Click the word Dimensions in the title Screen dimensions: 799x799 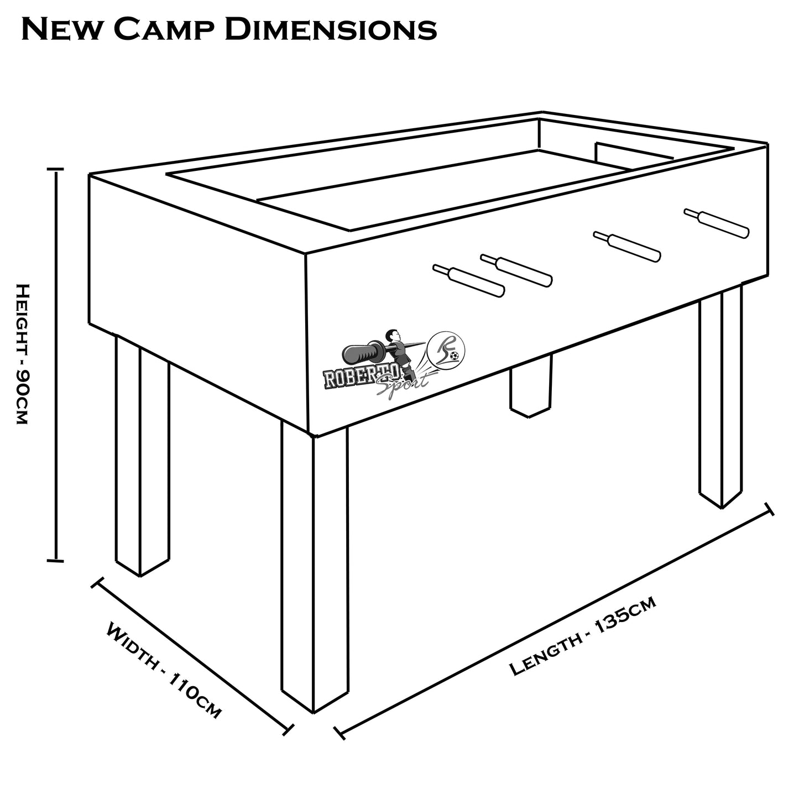pos(330,29)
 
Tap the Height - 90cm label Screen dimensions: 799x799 pos(20,354)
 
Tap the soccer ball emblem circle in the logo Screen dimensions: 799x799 pos(448,349)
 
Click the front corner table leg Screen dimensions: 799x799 pos(315,570)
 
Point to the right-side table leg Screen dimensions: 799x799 pos(720,398)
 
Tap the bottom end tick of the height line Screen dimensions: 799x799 pos(56,561)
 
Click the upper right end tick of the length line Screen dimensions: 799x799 pos(769,509)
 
